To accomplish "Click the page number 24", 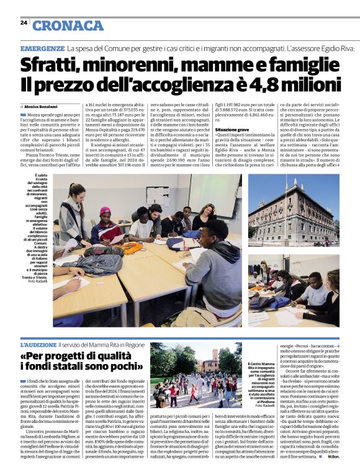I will click(x=24, y=22).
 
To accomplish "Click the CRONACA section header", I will click(x=68, y=25).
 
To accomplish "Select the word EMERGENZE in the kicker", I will click(x=42, y=48).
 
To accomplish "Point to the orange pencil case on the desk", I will click(x=132, y=248).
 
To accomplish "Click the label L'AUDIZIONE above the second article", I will click(x=38, y=344).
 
